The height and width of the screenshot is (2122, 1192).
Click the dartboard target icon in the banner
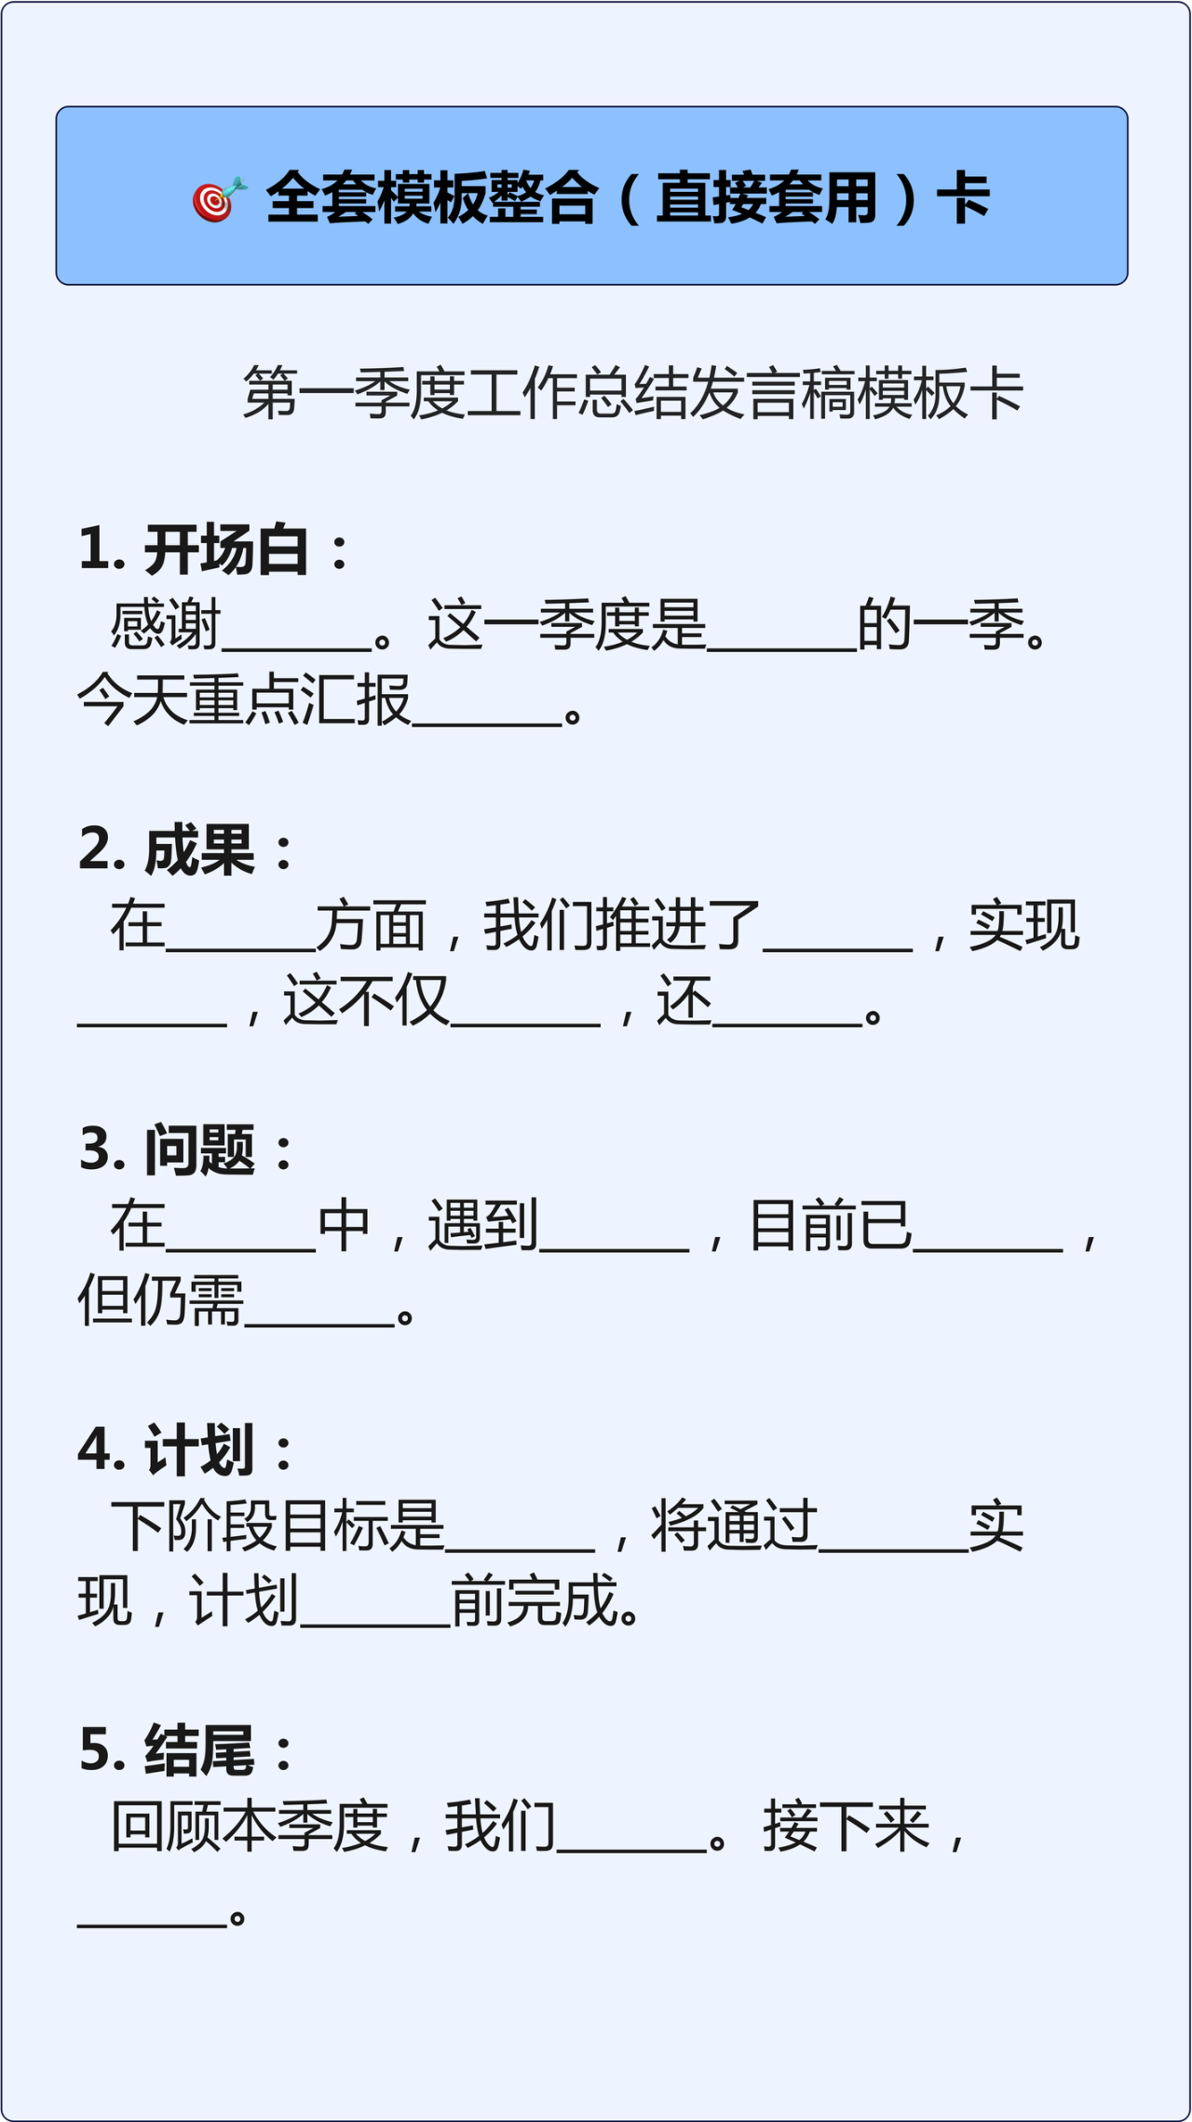[219, 199]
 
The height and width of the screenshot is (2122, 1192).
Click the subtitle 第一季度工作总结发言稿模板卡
[633, 393]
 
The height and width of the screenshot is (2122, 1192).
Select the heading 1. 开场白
[213, 550]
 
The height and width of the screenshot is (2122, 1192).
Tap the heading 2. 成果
[185, 850]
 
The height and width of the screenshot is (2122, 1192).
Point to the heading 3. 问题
[185, 1149]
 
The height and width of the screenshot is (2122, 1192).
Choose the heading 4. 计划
[185, 1450]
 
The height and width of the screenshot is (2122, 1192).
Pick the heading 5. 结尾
[185, 1750]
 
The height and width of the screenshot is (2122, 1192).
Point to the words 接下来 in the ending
[847, 1827]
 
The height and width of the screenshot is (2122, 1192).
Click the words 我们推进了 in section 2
[622, 926]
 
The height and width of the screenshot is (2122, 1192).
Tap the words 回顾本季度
[250, 1827]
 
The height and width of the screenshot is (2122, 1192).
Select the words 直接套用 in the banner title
[766, 199]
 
